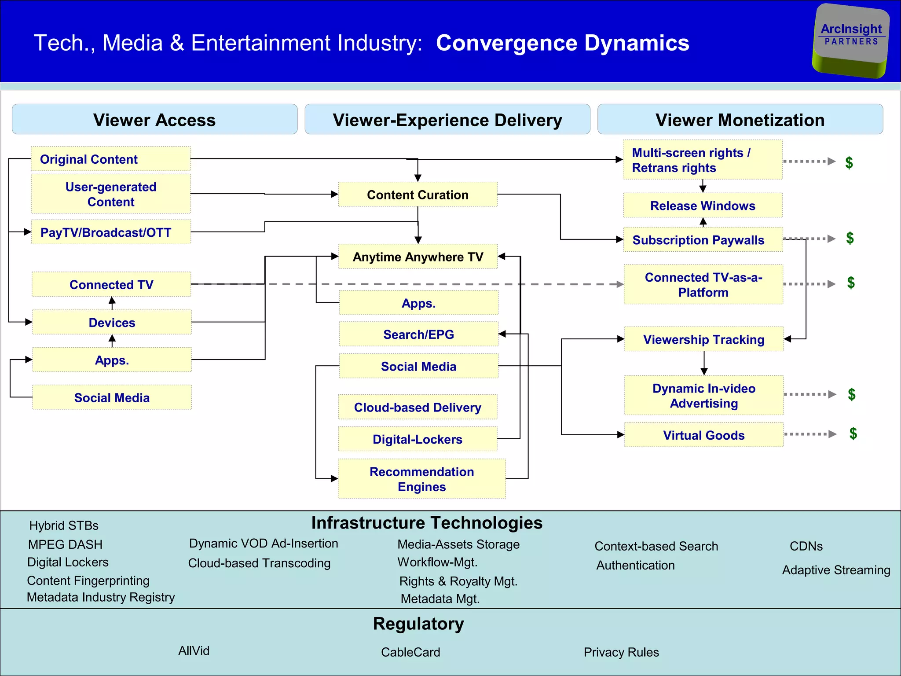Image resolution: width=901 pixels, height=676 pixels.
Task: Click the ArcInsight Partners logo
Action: tap(851, 40)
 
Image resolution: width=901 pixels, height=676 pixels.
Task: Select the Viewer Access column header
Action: tap(154, 119)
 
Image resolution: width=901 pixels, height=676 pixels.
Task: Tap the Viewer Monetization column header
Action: tap(740, 119)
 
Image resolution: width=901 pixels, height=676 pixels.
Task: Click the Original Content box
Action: tap(110, 159)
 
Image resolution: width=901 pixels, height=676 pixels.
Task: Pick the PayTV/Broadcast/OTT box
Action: tap(111, 232)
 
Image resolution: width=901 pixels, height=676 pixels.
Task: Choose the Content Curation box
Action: tap(418, 195)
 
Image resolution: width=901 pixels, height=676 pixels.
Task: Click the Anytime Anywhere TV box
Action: tap(418, 257)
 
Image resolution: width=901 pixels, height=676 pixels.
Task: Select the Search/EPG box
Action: tap(418, 334)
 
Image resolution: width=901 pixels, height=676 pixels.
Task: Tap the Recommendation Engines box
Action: tap(421, 479)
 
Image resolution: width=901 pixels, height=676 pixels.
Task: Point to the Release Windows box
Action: tap(703, 206)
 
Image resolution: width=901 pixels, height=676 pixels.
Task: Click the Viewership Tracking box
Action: tap(703, 339)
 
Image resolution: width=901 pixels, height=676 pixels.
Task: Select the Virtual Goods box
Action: tap(703, 435)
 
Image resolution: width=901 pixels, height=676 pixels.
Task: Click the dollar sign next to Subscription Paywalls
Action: tap(850, 238)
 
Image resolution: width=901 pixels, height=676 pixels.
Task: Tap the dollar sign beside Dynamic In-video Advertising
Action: tap(852, 394)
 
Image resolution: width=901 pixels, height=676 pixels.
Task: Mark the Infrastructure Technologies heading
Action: tap(427, 523)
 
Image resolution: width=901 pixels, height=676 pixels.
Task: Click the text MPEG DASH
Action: tap(65, 544)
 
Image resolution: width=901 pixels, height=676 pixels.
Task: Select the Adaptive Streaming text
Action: tap(836, 570)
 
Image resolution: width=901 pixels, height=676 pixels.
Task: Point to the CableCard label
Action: tap(410, 652)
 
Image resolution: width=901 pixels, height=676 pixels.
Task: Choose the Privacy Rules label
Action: tap(621, 652)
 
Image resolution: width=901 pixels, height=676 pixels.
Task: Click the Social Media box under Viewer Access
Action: tap(112, 397)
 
